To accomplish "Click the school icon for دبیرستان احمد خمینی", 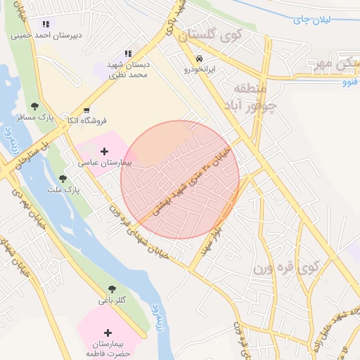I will click(x=46, y=23).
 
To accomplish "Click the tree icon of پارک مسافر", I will click(x=34, y=106).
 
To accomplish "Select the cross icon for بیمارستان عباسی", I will click(x=105, y=150).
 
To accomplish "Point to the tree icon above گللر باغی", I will click(x=112, y=288).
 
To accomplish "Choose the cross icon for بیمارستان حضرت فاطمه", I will click(x=108, y=333).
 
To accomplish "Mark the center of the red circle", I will click(x=180, y=180).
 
